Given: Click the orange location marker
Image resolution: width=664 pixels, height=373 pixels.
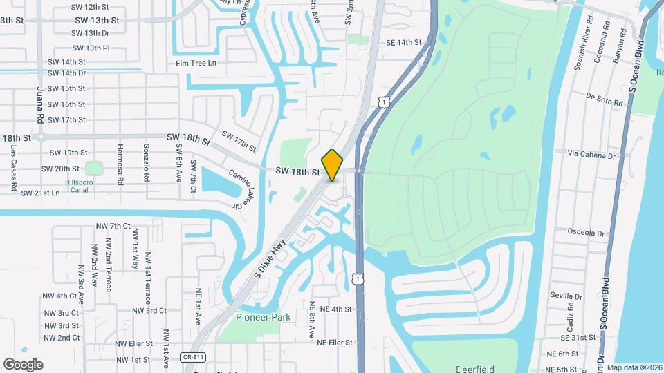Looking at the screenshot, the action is click(x=333, y=165).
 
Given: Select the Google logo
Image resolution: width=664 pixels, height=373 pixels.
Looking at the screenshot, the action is click(x=23, y=365).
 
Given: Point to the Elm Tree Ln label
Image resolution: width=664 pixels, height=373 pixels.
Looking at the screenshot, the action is click(x=196, y=63).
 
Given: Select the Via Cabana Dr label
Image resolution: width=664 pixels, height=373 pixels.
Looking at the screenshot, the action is click(x=591, y=155).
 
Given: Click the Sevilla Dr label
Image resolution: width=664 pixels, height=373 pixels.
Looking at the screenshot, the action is click(x=566, y=296).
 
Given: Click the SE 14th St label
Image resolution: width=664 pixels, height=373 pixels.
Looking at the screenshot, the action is click(x=403, y=43).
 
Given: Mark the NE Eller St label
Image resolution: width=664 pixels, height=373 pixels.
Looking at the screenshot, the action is click(x=335, y=343).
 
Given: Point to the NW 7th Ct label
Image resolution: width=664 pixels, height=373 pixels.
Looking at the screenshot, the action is click(x=113, y=226).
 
